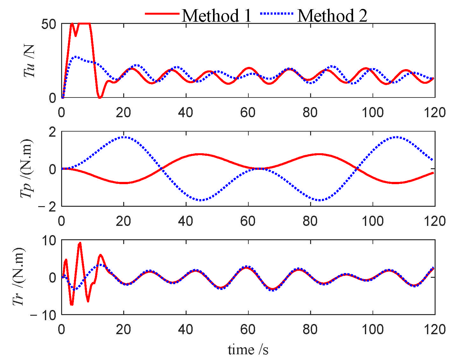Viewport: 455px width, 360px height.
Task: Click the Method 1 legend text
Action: pos(217,15)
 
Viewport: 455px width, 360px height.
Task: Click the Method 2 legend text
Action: pos(332,15)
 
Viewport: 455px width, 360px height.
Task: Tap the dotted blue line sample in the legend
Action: pos(276,14)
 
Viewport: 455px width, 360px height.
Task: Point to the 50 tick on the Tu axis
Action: pos(49,24)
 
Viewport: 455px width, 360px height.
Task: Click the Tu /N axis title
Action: pos(29,61)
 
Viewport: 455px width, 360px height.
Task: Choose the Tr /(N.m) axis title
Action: pos(19,277)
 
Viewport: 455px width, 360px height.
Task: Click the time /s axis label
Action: pos(248,349)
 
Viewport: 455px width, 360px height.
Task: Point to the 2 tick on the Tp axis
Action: pos(52,132)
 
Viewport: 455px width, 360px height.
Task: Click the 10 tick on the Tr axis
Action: pos(49,241)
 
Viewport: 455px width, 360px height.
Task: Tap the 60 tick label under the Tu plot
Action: pos(248,112)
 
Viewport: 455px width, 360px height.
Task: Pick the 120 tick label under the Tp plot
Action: pos(435,221)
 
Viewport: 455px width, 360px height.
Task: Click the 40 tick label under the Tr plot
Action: pos(186,329)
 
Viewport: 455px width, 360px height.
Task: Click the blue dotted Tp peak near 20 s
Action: pos(124,137)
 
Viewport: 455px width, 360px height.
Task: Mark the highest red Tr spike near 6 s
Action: pos(80,243)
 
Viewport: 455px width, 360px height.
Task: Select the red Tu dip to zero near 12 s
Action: pos(100,97)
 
